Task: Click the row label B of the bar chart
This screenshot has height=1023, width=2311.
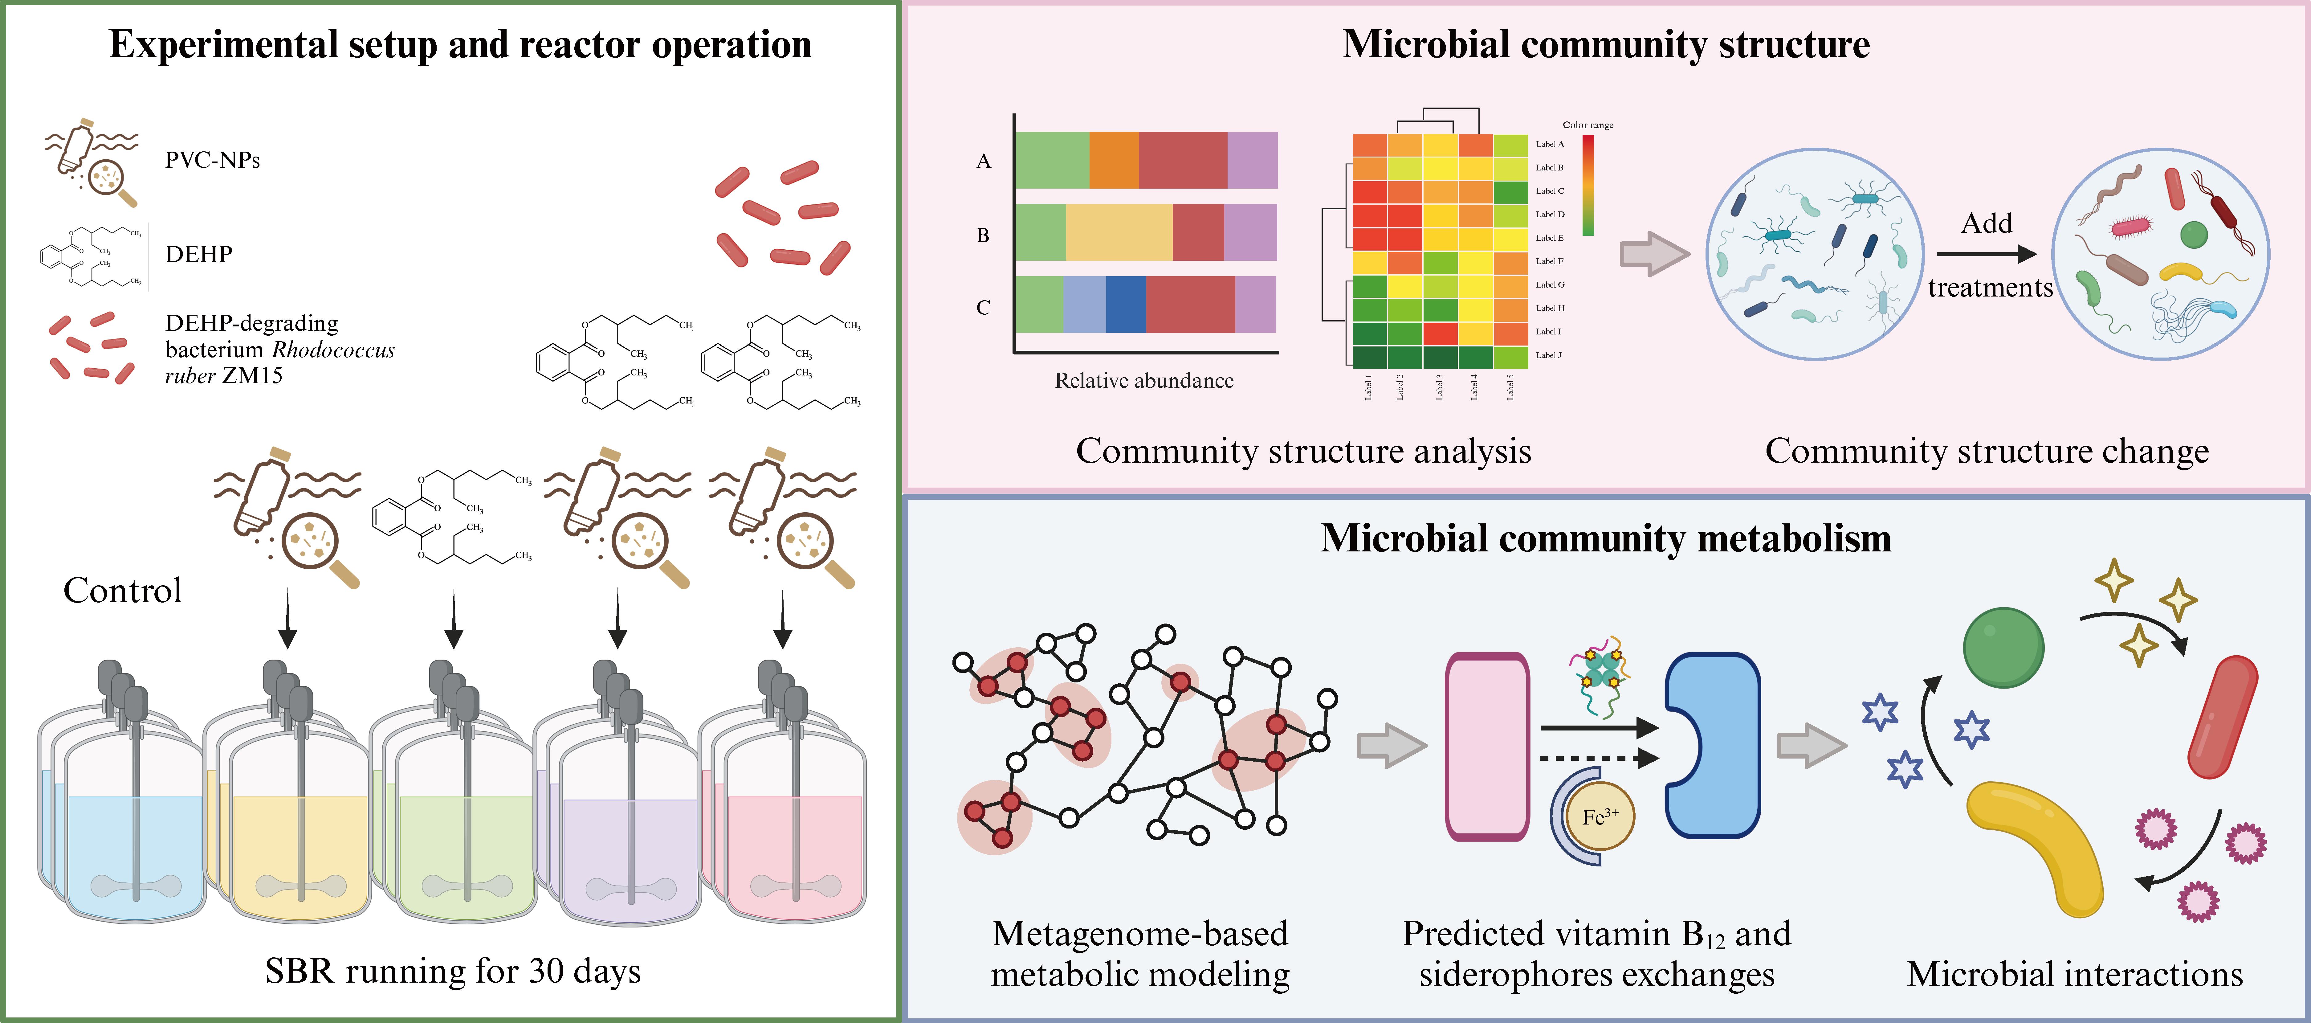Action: point(983,235)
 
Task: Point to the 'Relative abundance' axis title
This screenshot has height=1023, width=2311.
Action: point(1144,380)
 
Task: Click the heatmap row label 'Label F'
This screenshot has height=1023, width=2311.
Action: point(1549,261)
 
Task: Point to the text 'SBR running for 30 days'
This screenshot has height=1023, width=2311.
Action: point(453,971)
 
